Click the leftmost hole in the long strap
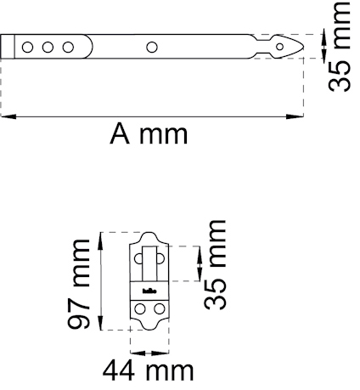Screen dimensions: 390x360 tap(28, 47)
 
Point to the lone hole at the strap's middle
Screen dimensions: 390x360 tap(151, 47)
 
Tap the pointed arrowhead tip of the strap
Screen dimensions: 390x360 tap(303, 47)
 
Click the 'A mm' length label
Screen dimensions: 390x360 tap(149, 134)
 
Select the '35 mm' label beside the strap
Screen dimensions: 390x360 tap(341, 47)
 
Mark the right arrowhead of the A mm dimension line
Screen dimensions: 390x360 tap(300, 116)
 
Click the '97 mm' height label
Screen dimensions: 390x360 tap(81, 280)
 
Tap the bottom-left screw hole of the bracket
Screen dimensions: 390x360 tap(138, 309)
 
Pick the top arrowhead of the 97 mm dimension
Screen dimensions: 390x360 tap(102, 235)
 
